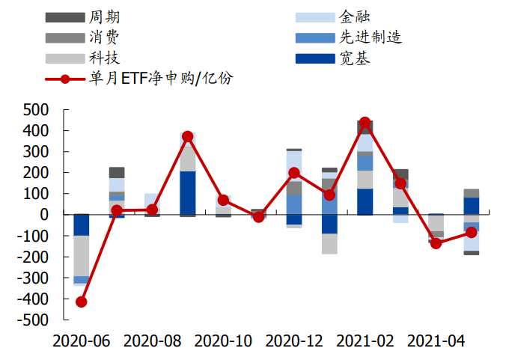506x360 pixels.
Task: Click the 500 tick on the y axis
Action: pos(37,110)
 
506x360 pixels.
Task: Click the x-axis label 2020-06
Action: pos(81,341)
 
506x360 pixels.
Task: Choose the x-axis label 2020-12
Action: pos(294,341)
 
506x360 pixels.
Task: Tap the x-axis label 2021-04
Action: pos(436,341)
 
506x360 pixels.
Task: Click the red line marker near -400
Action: pos(81,302)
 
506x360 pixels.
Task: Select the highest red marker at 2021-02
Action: pos(365,123)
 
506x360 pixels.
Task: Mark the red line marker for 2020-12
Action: pos(294,173)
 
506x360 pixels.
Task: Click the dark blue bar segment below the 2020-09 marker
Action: pos(188,192)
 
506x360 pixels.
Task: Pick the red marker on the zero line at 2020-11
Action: pos(259,217)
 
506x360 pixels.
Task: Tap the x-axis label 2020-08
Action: pos(152,341)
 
